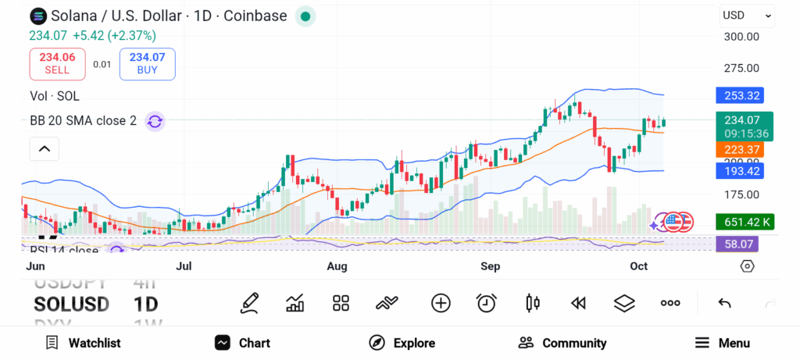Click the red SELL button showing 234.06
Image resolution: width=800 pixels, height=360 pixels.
click(x=57, y=63)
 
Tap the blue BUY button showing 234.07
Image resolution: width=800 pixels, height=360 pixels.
click(x=147, y=63)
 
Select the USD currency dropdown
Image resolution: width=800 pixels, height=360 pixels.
click(x=747, y=16)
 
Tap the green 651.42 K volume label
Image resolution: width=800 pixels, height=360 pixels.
click(x=745, y=222)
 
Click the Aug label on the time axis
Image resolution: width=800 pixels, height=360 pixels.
click(x=337, y=266)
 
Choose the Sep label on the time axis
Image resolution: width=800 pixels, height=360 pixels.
click(x=490, y=266)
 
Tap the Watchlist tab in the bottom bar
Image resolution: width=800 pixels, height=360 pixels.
click(x=83, y=343)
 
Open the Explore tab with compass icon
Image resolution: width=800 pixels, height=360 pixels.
click(x=402, y=343)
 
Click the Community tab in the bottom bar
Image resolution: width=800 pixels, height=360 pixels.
click(x=562, y=343)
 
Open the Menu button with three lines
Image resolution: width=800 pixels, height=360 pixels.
click(x=723, y=343)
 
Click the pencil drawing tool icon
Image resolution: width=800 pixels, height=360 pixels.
click(x=250, y=303)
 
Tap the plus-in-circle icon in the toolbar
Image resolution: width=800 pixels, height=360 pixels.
click(x=441, y=303)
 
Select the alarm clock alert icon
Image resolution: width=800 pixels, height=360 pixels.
click(x=487, y=303)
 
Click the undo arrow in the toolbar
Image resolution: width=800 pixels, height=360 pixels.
click(x=724, y=303)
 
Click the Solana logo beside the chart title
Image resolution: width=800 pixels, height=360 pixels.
click(x=38, y=16)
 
